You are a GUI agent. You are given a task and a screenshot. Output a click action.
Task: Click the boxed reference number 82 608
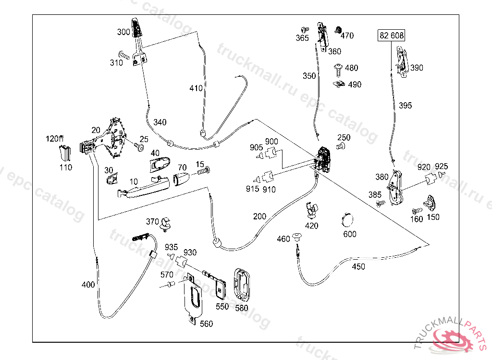[x=392, y=35]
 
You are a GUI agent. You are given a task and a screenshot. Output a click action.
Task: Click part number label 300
[x=123, y=32]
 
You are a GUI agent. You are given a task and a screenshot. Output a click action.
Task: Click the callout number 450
[x=358, y=267]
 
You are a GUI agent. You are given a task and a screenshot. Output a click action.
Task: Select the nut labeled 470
[x=337, y=29]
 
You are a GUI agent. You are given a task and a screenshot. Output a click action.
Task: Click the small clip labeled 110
[x=65, y=153]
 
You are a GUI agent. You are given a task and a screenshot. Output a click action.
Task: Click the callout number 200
[x=259, y=216]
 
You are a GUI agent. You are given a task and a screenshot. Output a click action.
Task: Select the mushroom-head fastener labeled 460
[x=296, y=236]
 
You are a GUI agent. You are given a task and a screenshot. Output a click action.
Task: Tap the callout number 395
[x=405, y=106]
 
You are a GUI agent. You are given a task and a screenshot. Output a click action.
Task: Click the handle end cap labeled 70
[x=182, y=179]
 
